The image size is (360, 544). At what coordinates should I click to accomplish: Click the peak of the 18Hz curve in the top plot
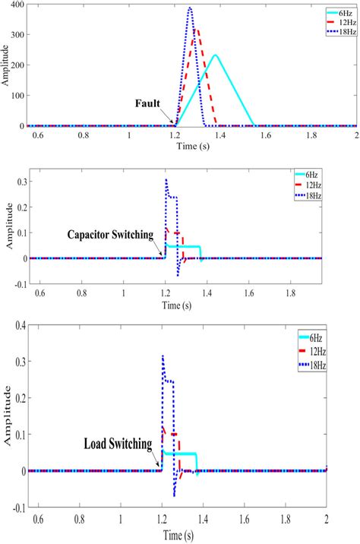190,8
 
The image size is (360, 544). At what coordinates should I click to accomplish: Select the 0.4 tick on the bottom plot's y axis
18,325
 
